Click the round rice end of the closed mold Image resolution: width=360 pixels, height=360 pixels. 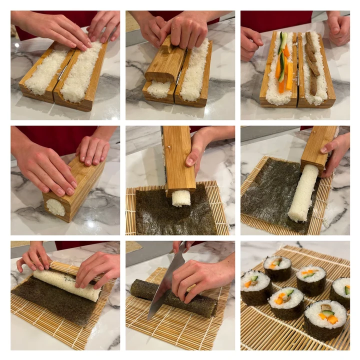click(55, 206)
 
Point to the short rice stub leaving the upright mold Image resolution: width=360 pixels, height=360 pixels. click(181, 198)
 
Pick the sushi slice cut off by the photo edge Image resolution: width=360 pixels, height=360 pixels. click(341, 292)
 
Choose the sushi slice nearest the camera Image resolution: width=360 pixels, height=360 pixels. click(325, 320)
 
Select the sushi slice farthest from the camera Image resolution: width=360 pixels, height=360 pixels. click(277, 267)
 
